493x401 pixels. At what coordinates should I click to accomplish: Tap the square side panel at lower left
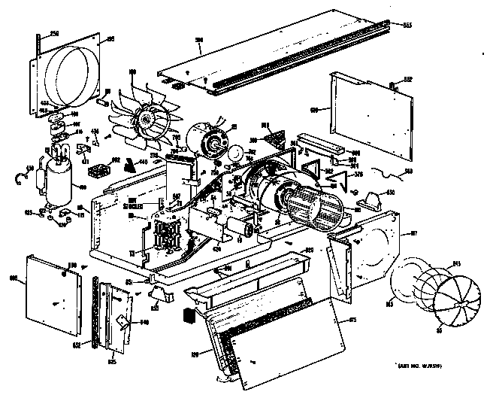coord(53,292)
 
